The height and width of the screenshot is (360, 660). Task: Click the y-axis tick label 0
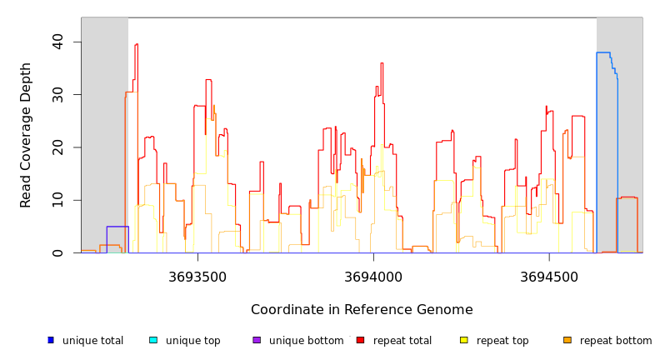click(57, 252)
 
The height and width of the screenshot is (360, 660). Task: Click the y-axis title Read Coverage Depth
click(27, 135)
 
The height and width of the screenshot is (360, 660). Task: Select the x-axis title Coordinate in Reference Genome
click(362, 310)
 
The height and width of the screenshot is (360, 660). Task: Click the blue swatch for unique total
click(51, 340)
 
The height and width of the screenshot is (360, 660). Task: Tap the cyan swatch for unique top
click(153, 340)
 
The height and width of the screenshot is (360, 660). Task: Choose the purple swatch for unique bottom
click(257, 340)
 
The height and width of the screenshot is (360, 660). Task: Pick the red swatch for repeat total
click(360, 340)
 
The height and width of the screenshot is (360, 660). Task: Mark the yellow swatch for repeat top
click(464, 340)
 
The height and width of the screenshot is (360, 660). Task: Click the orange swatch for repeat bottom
click(567, 340)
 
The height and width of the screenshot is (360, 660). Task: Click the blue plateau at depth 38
click(603, 52)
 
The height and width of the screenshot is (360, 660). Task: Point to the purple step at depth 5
click(117, 227)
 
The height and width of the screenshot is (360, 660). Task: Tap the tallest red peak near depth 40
click(136, 45)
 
